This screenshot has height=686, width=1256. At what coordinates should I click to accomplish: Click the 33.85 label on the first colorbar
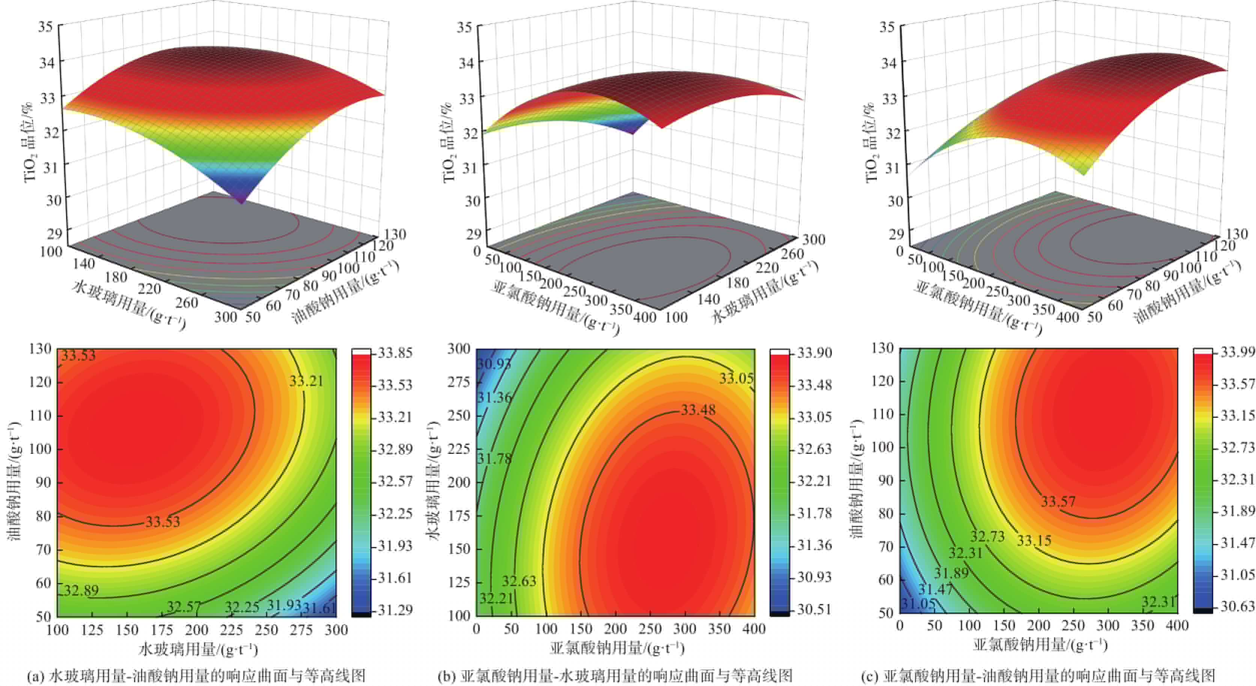(x=395, y=352)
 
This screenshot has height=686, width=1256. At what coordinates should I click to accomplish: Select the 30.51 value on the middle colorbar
(x=814, y=609)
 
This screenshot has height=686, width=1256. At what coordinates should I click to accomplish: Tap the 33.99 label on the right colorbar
(x=1237, y=352)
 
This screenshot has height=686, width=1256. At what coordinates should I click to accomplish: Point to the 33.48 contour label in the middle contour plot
(x=698, y=410)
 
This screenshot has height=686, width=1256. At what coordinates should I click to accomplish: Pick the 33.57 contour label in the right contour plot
(x=1057, y=501)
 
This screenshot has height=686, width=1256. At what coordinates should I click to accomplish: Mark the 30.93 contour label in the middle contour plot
(x=493, y=364)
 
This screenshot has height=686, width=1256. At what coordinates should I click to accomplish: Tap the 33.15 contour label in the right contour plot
(x=1034, y=540)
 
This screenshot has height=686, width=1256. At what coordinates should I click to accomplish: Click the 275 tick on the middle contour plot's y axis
(x=459, y=382)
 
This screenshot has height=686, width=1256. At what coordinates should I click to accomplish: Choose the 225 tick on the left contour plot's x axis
(x=231, y=630)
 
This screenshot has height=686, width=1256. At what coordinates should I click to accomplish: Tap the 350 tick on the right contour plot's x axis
(x=1142, y=626)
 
